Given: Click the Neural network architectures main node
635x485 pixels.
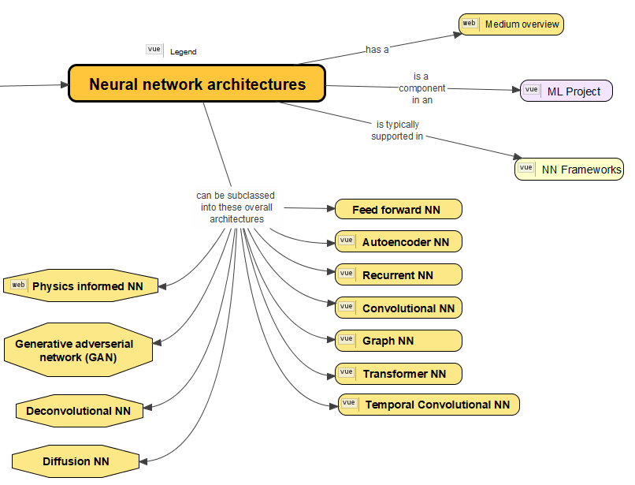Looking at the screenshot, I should pos(197,84).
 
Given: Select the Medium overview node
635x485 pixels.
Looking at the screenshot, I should pos(511,24).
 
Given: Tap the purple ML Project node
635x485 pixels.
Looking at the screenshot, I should pos(566,91).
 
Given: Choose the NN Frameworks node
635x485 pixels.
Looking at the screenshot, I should pos(568,170).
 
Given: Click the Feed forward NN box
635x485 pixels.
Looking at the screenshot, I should pos(398,210).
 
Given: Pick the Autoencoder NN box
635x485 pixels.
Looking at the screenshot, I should pos(399,242).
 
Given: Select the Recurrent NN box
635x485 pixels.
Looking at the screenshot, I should pos(399,275).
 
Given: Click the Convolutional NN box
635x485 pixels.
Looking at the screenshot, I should pos(399,308).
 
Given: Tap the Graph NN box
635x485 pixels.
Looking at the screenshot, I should pos(399,341).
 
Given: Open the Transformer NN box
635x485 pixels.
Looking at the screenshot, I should pos(399,374).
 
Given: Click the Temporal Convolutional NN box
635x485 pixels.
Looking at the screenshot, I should pos(429,405).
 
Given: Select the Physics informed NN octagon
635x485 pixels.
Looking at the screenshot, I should pos(81,285).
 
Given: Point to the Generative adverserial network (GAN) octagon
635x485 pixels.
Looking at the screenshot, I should pos(76,350).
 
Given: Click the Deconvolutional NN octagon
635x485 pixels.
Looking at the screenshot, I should pos(79,411).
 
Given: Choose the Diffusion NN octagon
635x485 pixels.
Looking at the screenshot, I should pos(76,461).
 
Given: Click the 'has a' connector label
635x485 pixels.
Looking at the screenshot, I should pos(377,50).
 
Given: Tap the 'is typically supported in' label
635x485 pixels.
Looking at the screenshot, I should pos(397,130).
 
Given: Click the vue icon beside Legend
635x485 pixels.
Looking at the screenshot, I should pos(154,50).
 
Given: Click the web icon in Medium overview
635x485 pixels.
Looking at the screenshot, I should pos(469,24).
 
